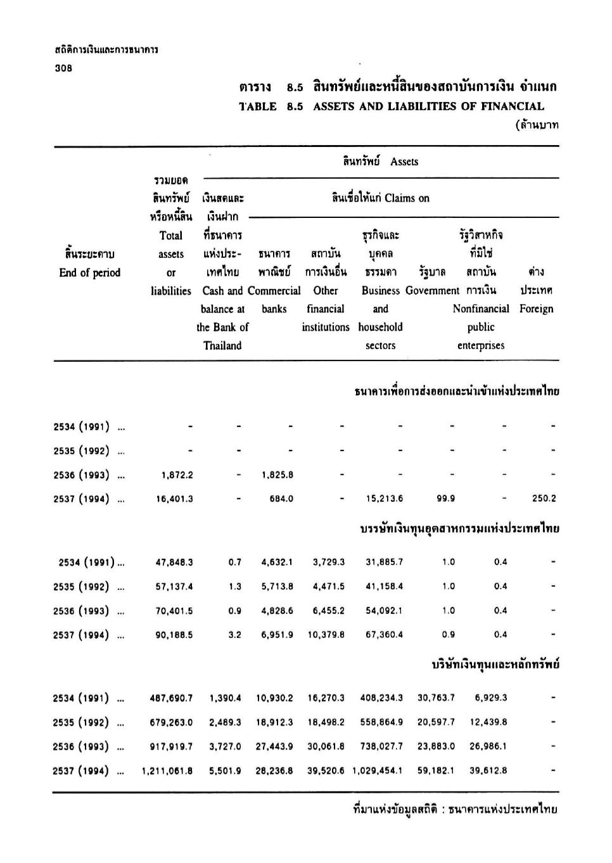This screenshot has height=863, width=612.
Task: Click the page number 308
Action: click(x=63, y=68)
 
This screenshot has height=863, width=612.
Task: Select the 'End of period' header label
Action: click(x=89, y=272)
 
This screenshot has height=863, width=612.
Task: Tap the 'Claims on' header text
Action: click(x=406, y=198)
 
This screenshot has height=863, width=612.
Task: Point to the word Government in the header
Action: click(x=432, y=290)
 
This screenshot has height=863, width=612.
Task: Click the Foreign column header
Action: click(x=536, y=309)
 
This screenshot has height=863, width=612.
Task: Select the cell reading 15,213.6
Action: click(x=384, y=499)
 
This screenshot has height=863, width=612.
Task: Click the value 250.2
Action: click(x=544, y=499)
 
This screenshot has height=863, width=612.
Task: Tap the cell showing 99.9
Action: click(x=445, y=499)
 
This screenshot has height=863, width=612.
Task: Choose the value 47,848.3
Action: click(x=174, y=562)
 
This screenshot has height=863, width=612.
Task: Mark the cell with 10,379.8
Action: click(x=326, y=634)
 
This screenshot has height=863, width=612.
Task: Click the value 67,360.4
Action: click(x=384, y=634)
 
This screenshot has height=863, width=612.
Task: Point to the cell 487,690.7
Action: click(x=171, y=698)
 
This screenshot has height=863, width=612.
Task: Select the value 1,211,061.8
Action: click(x=167, y=770)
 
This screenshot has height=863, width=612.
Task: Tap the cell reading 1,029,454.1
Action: click(x=378, y=770)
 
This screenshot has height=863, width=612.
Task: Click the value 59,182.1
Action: click(x=436, y=770)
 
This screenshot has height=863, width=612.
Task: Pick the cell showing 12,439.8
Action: click(x=488, y=722)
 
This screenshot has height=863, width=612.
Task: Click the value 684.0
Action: click(x=281, y=499)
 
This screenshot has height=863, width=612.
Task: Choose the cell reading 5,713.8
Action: click(x=277, y=586)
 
